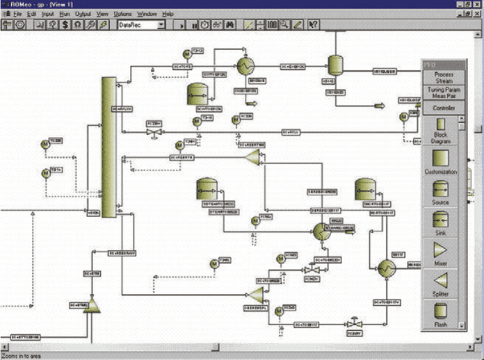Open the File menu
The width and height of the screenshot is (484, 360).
click(19, 14)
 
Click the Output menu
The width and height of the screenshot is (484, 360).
click(83, 14)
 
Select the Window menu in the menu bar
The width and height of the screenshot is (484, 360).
click(147, 14)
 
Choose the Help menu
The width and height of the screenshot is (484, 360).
click(168, 14)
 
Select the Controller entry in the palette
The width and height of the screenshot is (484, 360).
click(444, 109)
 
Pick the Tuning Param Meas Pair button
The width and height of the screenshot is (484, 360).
click(444, 94)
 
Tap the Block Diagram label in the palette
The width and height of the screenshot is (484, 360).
click(441, 138)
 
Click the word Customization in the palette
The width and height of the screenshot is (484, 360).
click(441, 172)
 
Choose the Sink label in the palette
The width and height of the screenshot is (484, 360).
click(441, 234)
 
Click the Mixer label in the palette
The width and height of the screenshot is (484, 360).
click(441, 264)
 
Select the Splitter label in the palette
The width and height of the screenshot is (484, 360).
click(441, 295)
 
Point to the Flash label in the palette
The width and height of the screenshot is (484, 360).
click(441, 325)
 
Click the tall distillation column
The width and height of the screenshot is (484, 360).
click(108, 146)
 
